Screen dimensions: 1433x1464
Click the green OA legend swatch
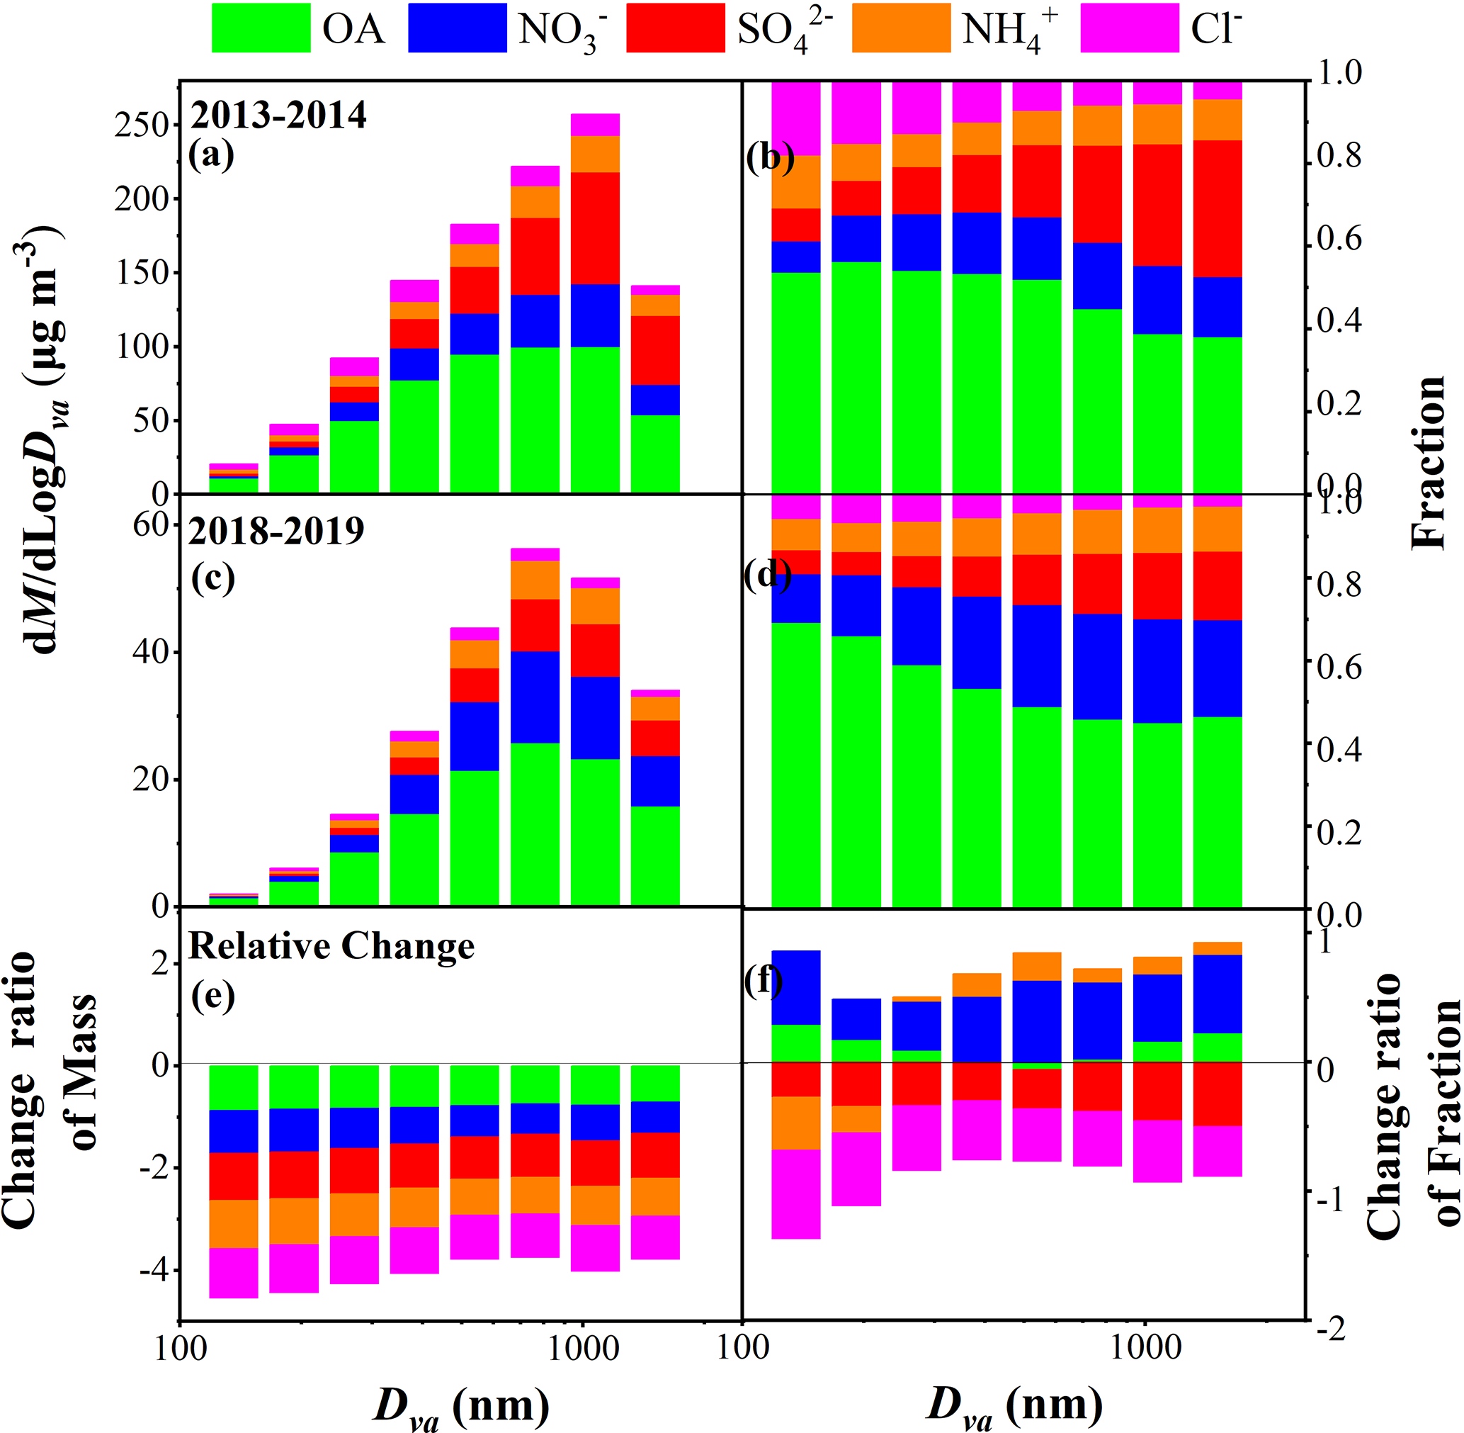click(261, 28)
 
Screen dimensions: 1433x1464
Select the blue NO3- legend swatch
click(457, 28)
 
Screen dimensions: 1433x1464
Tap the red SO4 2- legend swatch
click(675, 28)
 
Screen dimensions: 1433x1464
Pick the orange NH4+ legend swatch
click(900, 28)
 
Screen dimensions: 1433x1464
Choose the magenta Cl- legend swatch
click(1129, 28)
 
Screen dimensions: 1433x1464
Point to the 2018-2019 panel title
click(276, 532)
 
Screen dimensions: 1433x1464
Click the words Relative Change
click(331, 946)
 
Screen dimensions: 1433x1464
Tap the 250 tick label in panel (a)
click(141, 125)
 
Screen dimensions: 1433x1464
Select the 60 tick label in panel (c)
click(149, 524)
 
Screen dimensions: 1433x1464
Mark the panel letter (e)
click(212, 996)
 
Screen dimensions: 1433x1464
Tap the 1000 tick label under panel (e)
click(582, 1349)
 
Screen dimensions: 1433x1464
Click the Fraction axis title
click(1427, 462)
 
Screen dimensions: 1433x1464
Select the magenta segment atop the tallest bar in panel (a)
click(595, 125)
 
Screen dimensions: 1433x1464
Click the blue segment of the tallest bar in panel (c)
click(535, 697)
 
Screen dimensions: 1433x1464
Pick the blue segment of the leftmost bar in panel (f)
click(796, 987)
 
